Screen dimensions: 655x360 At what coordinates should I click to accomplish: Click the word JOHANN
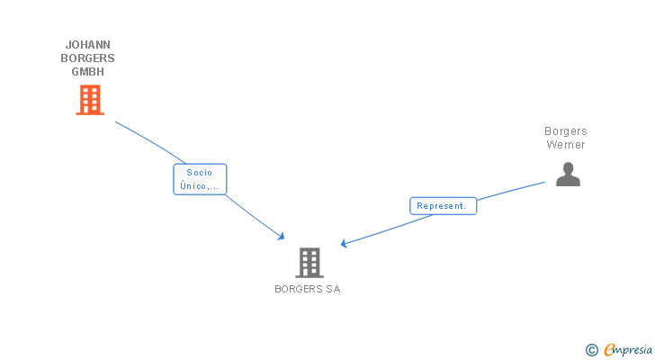tap(88, 44)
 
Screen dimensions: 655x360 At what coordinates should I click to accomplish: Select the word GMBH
tap(88, 72)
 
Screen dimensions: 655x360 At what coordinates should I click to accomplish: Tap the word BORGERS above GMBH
tap(88, 58)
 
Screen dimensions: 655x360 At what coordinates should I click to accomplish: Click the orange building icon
tap(89, 100)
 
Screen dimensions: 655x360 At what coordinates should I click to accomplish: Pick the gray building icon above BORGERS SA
tap(309, 262)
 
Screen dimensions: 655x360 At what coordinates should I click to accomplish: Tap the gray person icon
tap(568, 175)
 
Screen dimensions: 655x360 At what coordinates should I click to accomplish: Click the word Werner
tap(566, 145)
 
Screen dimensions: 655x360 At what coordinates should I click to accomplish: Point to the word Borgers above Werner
tap(566, 131)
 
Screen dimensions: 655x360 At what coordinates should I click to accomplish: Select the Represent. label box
tap(443, 206)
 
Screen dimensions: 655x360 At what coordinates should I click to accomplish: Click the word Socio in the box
tap(200, 172)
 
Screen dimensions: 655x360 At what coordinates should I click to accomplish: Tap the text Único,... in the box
tap(200, 186)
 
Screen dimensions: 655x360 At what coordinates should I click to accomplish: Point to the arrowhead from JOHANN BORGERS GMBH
tap(282, 237)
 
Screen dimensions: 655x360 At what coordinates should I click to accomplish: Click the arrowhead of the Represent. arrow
tap(344, 244)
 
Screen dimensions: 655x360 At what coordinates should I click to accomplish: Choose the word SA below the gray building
tap(333, 290)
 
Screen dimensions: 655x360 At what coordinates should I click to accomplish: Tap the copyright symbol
tap(592, 350)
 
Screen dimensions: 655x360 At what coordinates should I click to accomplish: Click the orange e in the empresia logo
tap(609, 350)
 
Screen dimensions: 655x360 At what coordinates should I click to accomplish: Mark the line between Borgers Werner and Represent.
tap(511, 191)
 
